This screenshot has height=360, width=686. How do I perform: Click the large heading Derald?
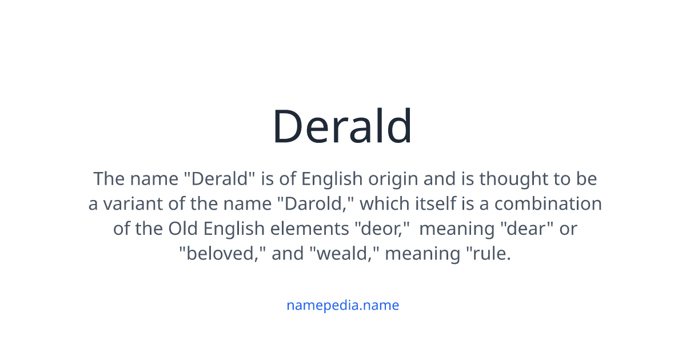[x=342, y=126]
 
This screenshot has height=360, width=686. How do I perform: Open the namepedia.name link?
[x=342, y=305]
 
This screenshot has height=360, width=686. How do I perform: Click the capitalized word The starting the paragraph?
[x=109, y=179]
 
